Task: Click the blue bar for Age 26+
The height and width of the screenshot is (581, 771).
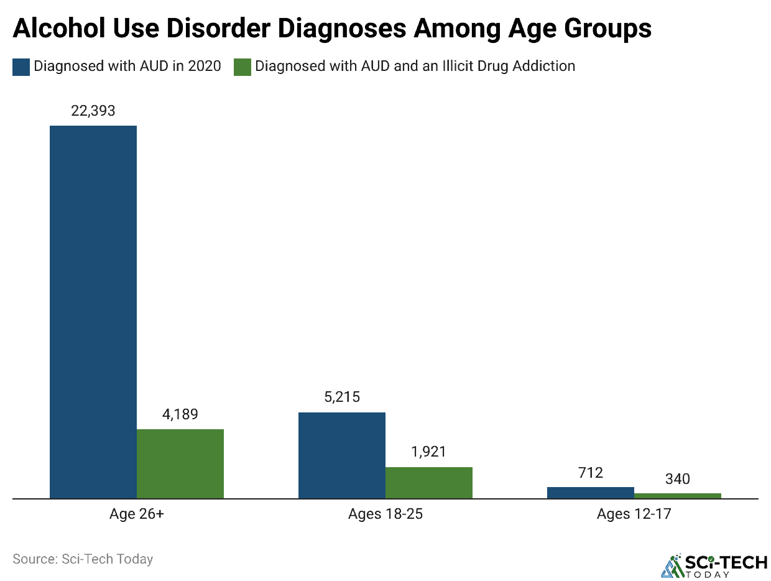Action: click(x=93, y=311)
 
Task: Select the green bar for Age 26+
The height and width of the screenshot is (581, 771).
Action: click(x=180, y=463)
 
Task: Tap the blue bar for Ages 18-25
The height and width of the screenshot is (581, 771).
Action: click(x=342, y=455)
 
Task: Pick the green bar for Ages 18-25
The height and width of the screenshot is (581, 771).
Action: click(x=429, y=483)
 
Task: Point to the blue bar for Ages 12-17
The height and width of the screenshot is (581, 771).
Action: click(x=591, y=493)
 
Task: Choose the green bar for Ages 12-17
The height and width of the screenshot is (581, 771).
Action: click(x=678, y=496)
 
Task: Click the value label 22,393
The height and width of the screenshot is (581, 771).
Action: click(x=93, y=111)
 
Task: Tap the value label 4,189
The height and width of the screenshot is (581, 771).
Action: click(x=180, y=414)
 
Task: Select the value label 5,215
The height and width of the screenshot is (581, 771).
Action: click(x=342, y=397)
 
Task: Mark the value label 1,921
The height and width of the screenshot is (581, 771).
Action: click(x=429, y=452)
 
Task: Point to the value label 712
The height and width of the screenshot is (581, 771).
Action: click(x=591, y=473)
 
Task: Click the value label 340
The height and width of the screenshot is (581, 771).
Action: click(x=678, y=479)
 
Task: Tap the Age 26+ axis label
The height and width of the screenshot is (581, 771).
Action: click(x=137, y=514)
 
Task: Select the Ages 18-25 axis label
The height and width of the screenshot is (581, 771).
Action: click(x=386, y=514)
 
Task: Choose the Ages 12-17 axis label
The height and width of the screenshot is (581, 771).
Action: click(x=634, y=514)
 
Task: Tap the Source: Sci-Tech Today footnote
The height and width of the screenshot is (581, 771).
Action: click(x=83, y=559)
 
